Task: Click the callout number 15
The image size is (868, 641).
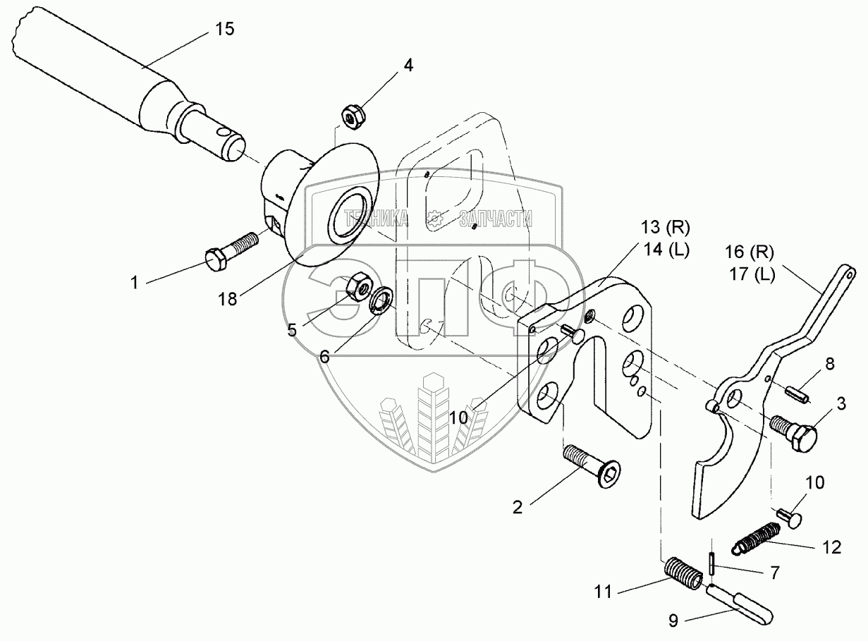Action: point(225,30)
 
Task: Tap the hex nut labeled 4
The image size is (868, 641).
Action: point(353,116)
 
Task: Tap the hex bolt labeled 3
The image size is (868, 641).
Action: point(793,432)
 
